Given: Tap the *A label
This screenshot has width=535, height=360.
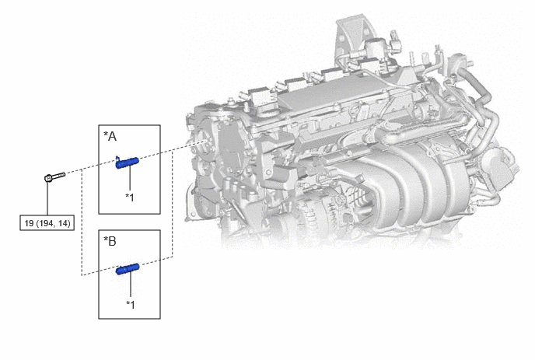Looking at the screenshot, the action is point(110,137).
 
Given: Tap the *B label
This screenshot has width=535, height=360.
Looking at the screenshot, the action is point(110,241).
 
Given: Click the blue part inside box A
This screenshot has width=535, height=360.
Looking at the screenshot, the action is point(127,163).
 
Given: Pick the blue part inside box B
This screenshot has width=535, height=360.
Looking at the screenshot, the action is point(128,269).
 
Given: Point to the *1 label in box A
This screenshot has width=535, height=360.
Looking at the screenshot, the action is point(130,197).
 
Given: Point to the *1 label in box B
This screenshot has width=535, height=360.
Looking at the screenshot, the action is point(131,304).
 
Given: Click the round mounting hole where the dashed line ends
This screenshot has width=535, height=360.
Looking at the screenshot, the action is point(205,142).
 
